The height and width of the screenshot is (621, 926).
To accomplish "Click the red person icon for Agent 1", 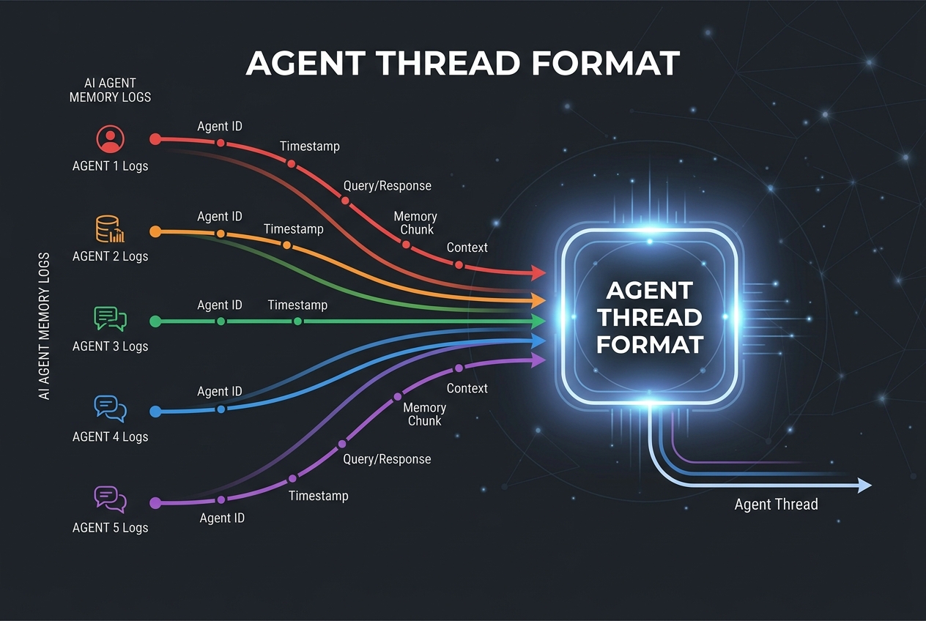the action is tap(111, 139).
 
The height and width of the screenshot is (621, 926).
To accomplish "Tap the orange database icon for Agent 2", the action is tap(110, 229).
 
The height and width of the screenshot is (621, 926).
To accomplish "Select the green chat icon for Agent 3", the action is tap(110, 319).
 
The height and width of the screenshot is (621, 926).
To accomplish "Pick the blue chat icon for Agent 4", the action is tap(110, 409).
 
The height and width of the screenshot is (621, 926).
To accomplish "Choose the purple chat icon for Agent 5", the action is tap(110, 499).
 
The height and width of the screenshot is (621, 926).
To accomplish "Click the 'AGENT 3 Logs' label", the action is tap(110, 346).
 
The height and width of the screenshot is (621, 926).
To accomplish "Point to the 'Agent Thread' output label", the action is tap(776, 505).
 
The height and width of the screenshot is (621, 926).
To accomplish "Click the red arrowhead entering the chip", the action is tap(538, 273).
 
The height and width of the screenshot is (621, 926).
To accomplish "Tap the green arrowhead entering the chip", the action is tap(538, 321).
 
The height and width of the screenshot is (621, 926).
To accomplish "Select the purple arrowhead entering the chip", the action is tap(538, 360).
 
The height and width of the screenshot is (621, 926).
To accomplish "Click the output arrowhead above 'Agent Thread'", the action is tap(864, 486).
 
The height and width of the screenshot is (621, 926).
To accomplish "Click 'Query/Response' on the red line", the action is tap(388, 186).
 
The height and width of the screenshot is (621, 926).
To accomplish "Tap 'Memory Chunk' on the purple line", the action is tap(425, 414).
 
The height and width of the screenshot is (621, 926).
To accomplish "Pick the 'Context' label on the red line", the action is tap(467, 248).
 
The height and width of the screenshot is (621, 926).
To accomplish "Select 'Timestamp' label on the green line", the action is tap(297, 305).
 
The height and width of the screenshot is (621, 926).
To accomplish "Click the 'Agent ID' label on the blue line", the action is tap(220, 391).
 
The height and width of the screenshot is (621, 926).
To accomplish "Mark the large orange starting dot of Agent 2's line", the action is tap(155, 231).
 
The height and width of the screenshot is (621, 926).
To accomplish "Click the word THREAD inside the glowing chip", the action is tap(649, 317).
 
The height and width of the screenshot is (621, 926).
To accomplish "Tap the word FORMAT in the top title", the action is tap(605, 63).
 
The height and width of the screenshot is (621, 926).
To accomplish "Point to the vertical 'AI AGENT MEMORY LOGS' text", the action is tap(44, 326).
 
